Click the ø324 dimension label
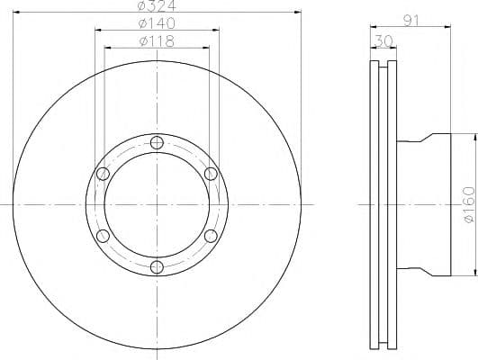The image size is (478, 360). pyautogui.click(x=157, y=5)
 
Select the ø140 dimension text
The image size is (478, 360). pyautogui.click(x=157, y=23)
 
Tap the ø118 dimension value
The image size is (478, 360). pyautogui.click(x=157, y=41)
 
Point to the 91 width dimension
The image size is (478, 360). pyautogui.click(x=411, y=21)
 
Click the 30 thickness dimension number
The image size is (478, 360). pyautogui.click(x=383, y=41)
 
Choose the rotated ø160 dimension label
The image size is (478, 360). pyautogui.click(x=469, y=204)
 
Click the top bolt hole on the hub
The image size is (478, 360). pyautogui.click(x=157, y=142)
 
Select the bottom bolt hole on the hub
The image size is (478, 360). pyautogui.click(x=157, y=267)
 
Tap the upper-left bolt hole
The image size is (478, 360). pyautogui.click(x=103, y=174)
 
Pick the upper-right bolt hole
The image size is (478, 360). pyautogui.click(x=211, y=174)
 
